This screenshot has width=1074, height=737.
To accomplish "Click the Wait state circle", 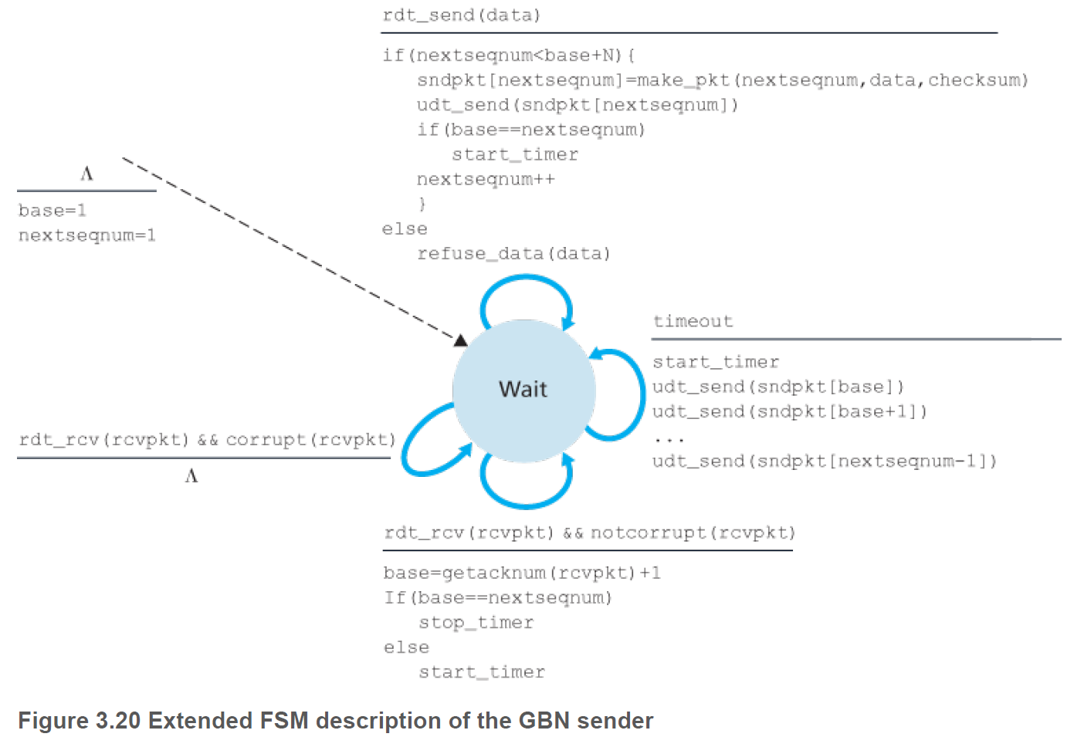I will (523, 390).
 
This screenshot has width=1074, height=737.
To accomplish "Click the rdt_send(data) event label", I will (461, 15).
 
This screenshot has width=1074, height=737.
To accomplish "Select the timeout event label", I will (693, 321).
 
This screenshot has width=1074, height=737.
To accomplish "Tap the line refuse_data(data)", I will (513, 254).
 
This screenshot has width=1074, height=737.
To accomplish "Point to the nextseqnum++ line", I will (486, 180).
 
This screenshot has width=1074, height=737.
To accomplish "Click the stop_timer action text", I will (476, 623).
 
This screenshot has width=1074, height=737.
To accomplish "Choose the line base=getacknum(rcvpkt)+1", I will (522, 573).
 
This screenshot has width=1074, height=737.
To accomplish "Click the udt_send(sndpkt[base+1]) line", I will (789, 411).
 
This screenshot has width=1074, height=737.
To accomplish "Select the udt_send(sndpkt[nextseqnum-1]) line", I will (824, 461).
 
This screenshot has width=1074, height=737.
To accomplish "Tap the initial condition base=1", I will (53, 211).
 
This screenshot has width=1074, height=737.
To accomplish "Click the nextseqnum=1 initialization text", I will (87, 235).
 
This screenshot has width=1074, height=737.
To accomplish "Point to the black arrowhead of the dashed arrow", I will (461, 340).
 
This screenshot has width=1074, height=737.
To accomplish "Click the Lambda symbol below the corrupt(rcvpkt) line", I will (191, 476).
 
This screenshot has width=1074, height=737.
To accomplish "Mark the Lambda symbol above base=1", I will (86, 174).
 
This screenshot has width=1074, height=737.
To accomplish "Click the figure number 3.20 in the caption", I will (118, 721).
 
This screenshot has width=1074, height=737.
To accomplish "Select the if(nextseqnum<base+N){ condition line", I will (509, 56).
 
